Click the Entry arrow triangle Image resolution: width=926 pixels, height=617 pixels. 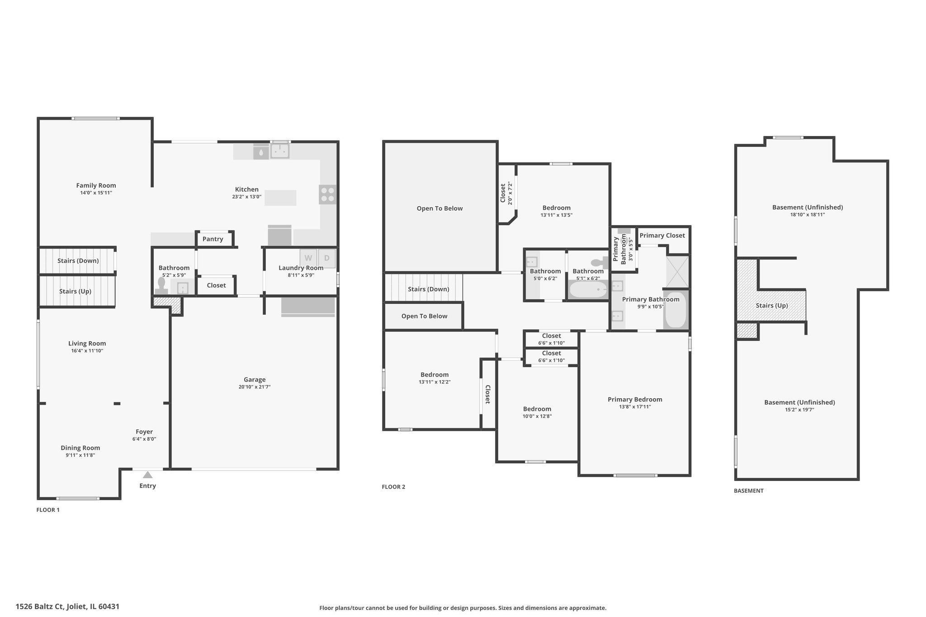pos(147,475)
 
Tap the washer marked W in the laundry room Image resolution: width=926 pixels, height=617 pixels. pos(308,258)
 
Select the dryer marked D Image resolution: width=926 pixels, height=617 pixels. pos(327,258)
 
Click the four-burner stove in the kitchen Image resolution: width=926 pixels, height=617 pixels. pos(328,194)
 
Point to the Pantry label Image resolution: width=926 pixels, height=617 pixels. pos(213,239)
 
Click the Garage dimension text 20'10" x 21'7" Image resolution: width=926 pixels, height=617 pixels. pos(255,387)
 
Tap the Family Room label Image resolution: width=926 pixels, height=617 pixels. pos(96,185)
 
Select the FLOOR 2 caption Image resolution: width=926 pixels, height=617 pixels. pos(393,487)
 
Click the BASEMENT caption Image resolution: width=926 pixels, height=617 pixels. pos(748,490)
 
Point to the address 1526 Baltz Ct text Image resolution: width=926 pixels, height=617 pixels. pos(41,607)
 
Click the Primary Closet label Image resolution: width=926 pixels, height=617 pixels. pos(662,235)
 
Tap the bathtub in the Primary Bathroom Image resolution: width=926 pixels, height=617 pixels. pos(676,310)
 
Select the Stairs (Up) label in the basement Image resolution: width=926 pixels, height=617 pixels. pos(772,306)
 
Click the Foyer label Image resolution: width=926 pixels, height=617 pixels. pos(144,432)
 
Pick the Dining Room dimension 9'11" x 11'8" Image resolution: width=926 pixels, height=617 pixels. pos(80,455)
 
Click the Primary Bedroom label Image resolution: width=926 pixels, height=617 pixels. pos(635,400)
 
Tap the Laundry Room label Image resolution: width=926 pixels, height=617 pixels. pos(301,268)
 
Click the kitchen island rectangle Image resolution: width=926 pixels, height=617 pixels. pos(280,198)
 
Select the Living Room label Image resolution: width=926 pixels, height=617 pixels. pos(87,344)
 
